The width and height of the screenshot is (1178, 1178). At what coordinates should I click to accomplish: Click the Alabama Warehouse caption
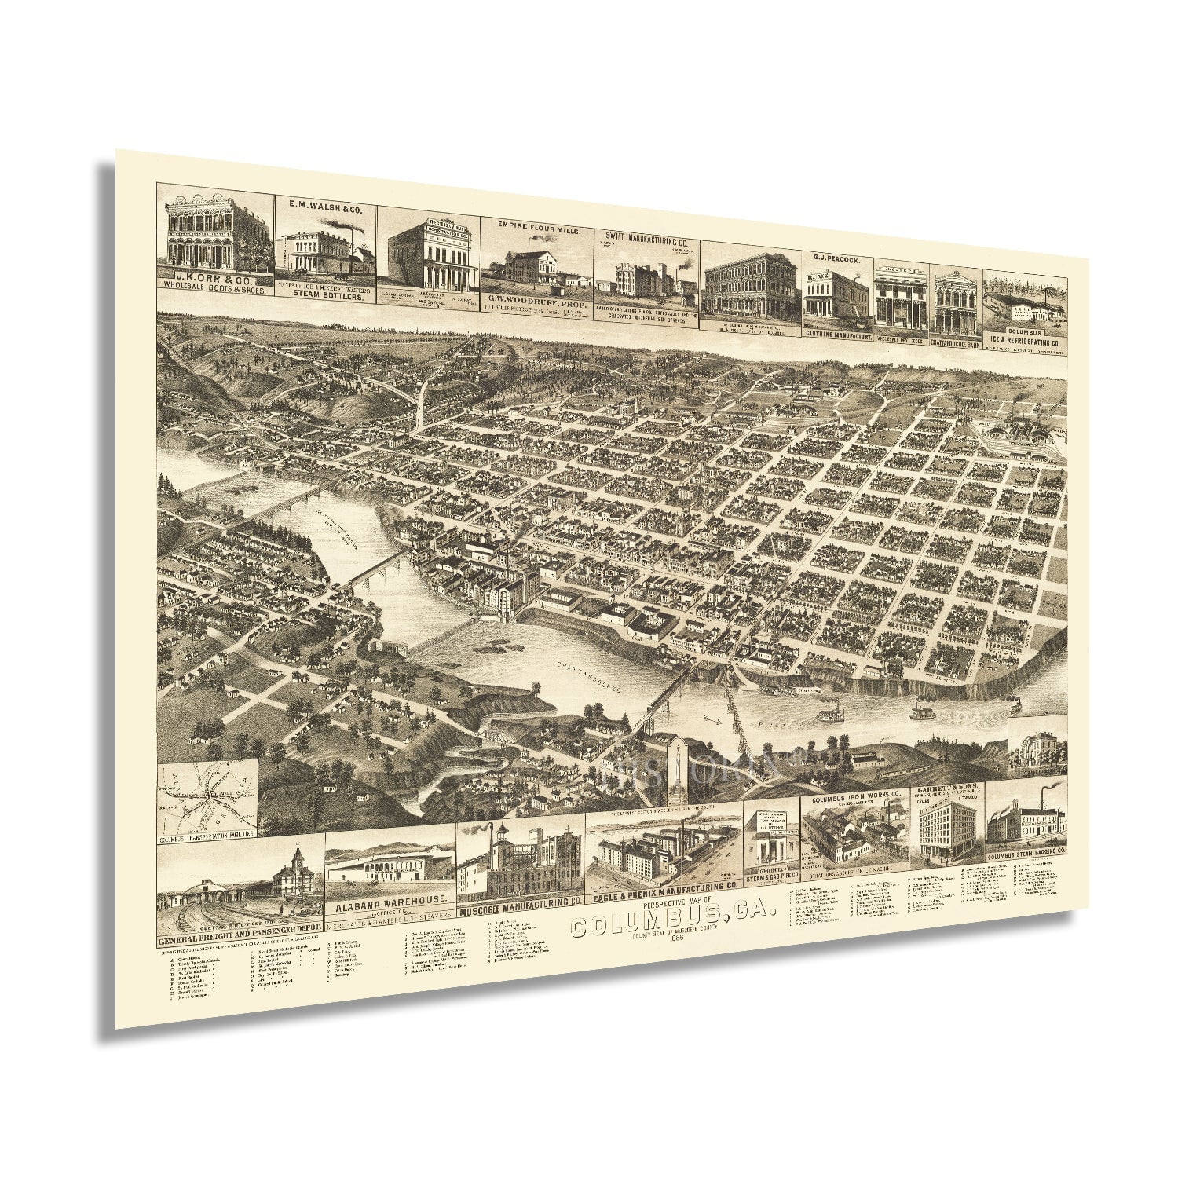pos(390,900)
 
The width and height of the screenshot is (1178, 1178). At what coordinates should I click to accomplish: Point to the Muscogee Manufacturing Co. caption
pos(519,900)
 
